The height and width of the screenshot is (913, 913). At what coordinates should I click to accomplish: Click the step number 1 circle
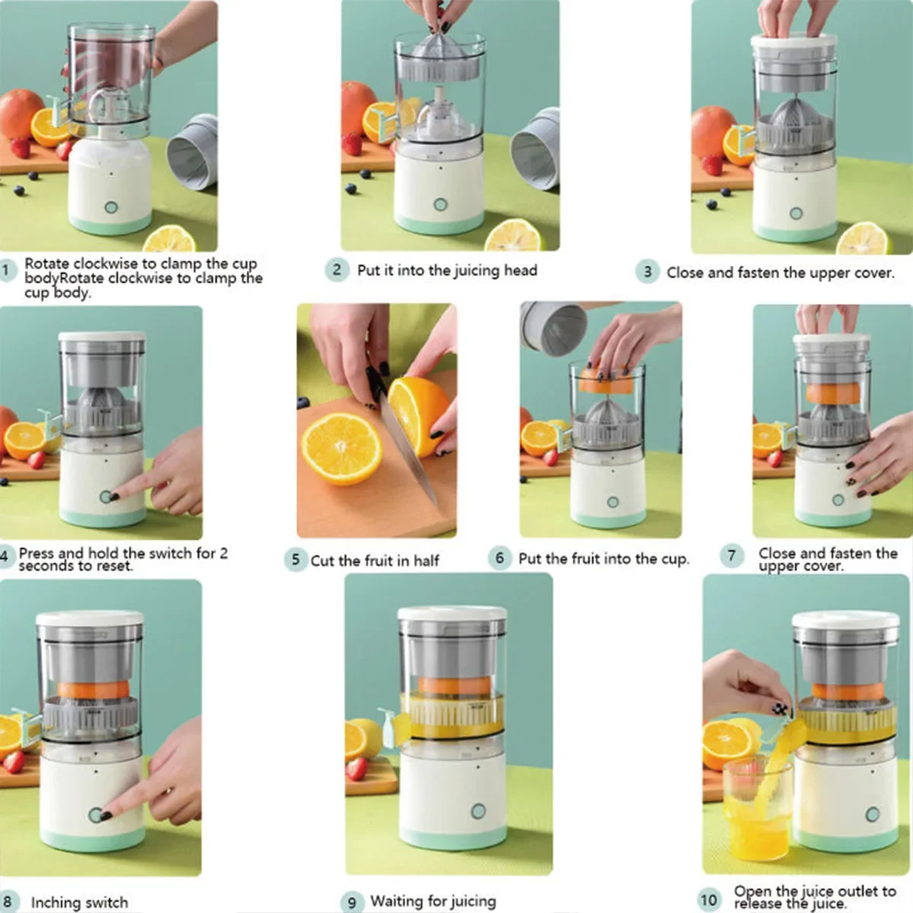pos(7,270)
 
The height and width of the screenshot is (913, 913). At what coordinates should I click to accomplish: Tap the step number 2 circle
pos(337,269)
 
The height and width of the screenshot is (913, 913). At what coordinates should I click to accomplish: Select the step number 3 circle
pos(647,272)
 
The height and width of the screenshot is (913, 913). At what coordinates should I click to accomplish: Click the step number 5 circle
pos(294,560)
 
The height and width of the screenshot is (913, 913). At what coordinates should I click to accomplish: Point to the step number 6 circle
pos(499,558)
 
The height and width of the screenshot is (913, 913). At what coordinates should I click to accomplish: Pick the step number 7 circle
pos(731,555)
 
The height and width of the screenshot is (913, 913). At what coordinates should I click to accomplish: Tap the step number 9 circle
pos(351,902)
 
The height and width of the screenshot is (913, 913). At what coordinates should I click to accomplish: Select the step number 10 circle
pos(708,899)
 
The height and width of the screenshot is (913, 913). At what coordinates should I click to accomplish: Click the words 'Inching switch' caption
pos(79,902)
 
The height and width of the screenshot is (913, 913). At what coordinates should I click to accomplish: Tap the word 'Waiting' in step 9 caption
pos(399,901)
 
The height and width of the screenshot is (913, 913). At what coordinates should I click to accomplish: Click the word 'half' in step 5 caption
pos(426,561)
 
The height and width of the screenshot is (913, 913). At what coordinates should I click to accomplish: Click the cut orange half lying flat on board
pos(342,448)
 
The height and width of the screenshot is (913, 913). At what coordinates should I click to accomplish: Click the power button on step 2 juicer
pos(440,205)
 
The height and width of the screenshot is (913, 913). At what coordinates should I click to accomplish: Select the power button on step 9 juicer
pos(478,811)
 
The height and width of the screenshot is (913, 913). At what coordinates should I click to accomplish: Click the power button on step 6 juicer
pos(612,502)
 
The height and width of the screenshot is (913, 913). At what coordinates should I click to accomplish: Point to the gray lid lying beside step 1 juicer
pos(193,152)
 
